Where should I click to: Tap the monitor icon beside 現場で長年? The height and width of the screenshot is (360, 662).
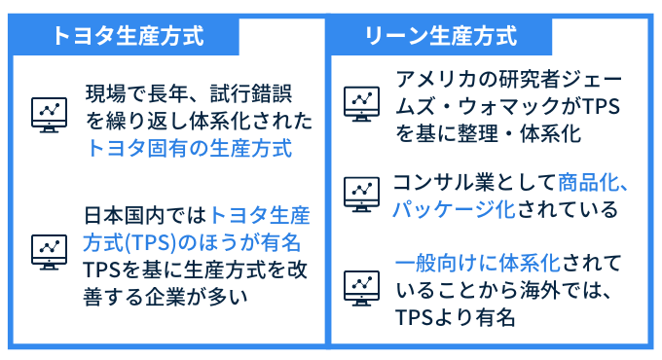click(48, 113)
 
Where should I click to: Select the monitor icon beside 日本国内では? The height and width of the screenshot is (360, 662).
click(48, 251)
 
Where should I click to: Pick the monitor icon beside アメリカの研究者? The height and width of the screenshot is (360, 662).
click(361, 101)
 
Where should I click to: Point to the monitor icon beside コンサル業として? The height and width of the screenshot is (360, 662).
click(361, 194)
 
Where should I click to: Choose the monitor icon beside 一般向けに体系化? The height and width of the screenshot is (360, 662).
click(361, 286)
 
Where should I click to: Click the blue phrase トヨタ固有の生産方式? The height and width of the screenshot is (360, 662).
click(189, 149)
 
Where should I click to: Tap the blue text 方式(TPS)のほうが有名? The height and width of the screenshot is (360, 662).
click(194, 240)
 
